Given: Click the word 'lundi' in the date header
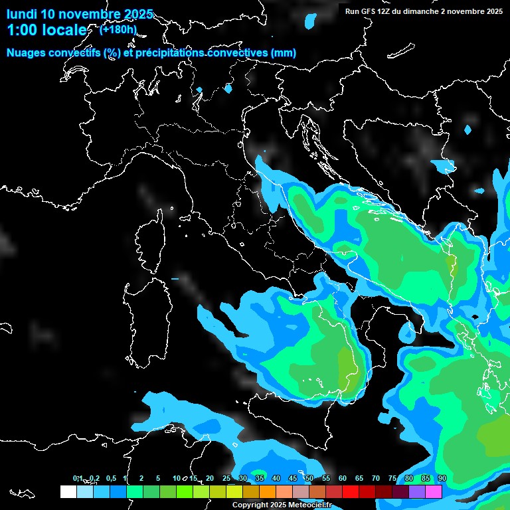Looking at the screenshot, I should [21, 14].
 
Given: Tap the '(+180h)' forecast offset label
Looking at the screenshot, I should [118, 29].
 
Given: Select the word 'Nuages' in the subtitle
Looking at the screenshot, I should [27, 53].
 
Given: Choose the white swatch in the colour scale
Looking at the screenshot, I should [68, 491].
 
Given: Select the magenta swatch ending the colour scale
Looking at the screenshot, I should [434, 491].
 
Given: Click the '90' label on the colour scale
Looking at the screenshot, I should [442, 479].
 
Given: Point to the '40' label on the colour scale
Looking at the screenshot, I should [276, 479].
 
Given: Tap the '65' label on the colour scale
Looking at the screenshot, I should [359, 479].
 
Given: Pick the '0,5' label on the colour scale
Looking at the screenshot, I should [110, 479].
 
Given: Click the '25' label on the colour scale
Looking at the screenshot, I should [226, 479].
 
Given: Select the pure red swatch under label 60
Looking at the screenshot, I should [351, 491].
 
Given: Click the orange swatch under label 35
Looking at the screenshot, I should [268, 491].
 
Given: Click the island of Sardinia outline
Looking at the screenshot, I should [147, 312].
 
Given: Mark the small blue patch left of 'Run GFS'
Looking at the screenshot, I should [311, 21].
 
